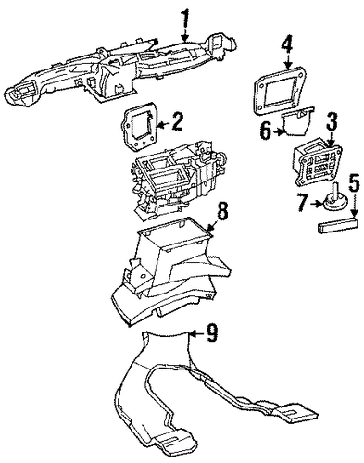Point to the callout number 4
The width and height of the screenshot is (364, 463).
(288, 45)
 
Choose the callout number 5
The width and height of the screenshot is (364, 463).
(354, 184)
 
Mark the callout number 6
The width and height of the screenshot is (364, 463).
(267, 131)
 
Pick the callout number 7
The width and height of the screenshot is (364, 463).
(305, 202)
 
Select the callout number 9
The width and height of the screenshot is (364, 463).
(212, 333)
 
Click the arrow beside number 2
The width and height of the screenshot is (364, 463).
(163, 125)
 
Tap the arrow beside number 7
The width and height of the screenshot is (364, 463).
(318, 204)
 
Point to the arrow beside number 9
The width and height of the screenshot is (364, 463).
(196, 333)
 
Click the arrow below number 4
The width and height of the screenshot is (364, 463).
(288, 62)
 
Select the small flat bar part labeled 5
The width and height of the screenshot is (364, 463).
(338, 224)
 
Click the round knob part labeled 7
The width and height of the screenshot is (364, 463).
(336, 199)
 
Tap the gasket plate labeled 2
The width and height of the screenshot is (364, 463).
(141, 127)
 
